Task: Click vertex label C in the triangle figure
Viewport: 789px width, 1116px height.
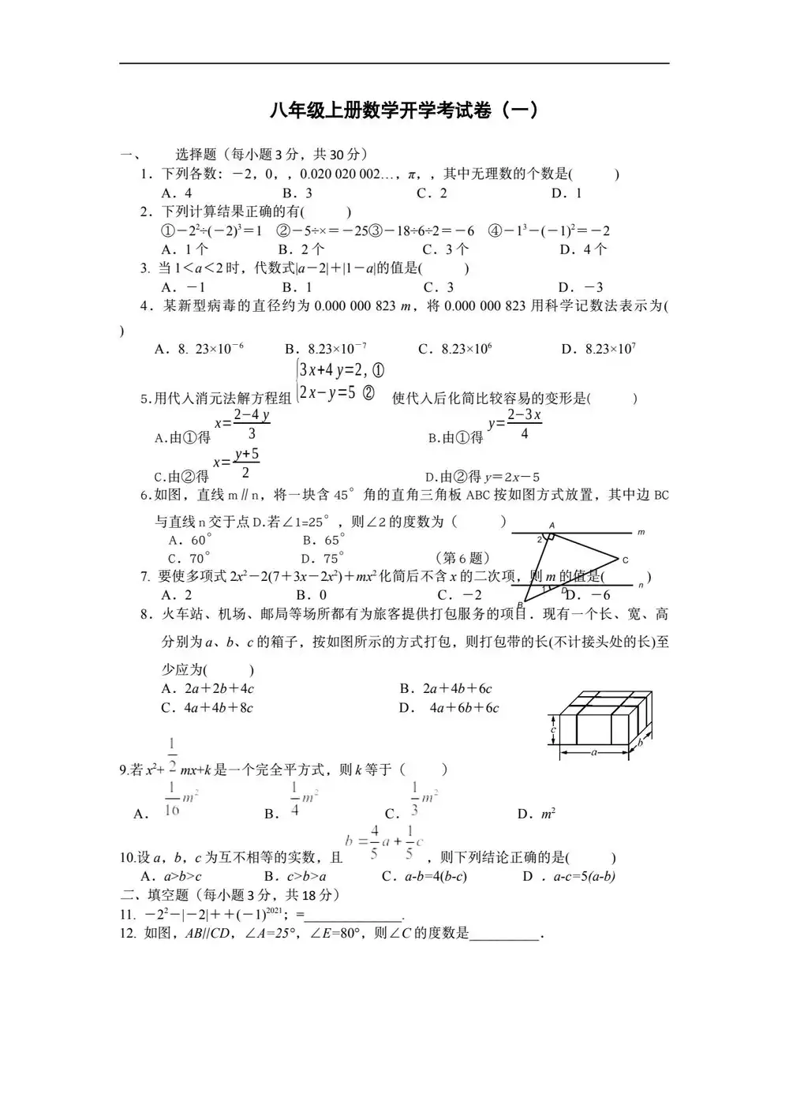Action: tap(625, 560)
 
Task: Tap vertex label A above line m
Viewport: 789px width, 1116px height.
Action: tap(552, 525)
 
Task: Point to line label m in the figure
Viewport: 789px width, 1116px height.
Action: tap(641, 533)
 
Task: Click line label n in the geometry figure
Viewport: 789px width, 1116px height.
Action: tap(641, 585)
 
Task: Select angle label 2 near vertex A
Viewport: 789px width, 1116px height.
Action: tap(540, 540)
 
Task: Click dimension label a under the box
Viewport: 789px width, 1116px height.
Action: tap(594, 752)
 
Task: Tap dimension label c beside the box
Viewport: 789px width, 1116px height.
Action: tap(554, 730)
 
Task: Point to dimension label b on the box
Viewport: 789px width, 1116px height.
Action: tap(640, 743)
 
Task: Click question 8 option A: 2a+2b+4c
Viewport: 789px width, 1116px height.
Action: tap(208, 688)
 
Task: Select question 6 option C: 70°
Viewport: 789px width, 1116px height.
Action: tap(189, 559)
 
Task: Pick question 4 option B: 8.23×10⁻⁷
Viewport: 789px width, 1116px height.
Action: tap(326, 349)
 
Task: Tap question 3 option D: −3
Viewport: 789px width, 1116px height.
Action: tap(581, 287)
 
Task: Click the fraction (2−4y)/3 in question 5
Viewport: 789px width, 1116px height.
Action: tap(251, 424)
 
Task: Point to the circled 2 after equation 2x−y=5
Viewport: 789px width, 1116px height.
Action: tap(368, 393)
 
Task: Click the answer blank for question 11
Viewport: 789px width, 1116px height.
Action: tap(353, 916)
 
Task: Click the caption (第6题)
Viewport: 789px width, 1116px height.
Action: tap(463, 559)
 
